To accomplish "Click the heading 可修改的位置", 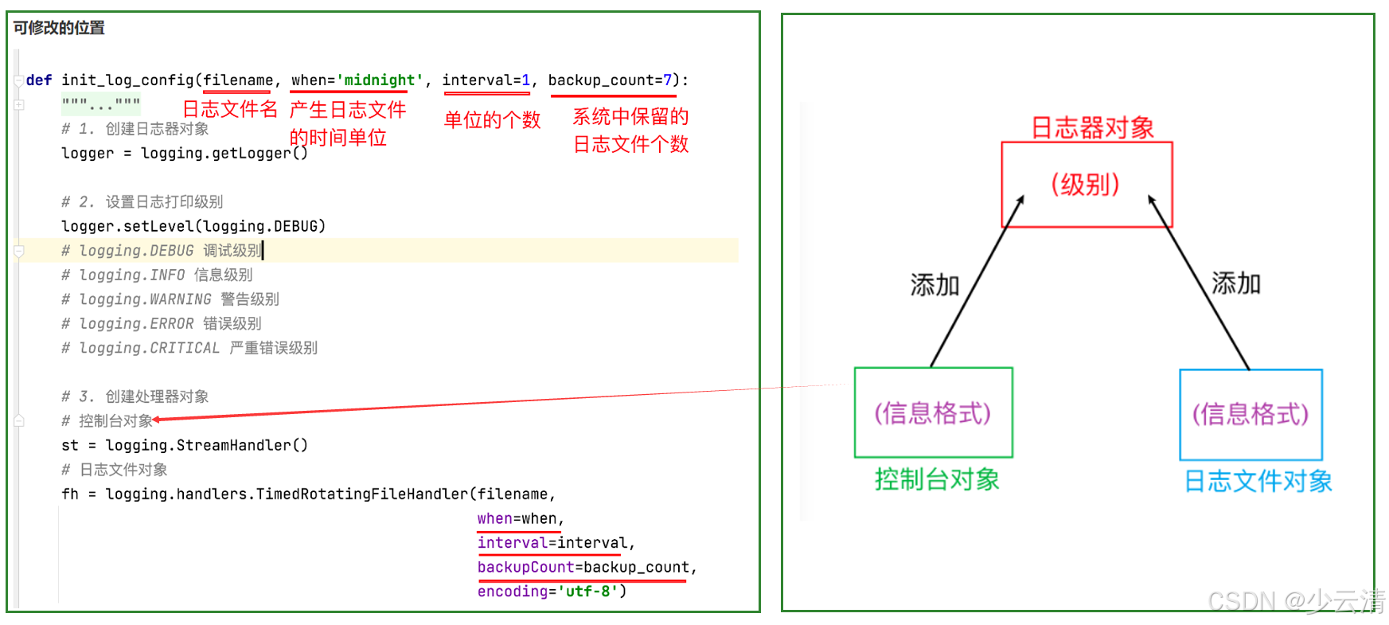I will (x=59, y=28).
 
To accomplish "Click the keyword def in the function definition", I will (x=38, y=80).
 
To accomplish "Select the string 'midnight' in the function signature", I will (x=379, y=80).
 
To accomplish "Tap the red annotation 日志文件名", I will (x=230, y=109).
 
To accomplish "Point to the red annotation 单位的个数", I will (x=492, y=120).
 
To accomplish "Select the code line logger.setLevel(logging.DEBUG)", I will (x=193, y=226).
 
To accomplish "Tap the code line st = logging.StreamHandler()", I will (x=185, y=445).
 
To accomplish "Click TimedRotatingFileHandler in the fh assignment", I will (x=362, y=494).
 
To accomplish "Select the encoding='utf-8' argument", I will (x=551, y=592).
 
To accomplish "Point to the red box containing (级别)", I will (x=1087, y=185).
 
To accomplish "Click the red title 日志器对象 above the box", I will (x=1092, y=127).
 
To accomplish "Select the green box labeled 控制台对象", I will (x=933, y=412).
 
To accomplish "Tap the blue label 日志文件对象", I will (x=1258, y=481).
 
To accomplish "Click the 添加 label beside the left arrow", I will (x=934, y=284).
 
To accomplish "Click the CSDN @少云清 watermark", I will (x=1295, y=601).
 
